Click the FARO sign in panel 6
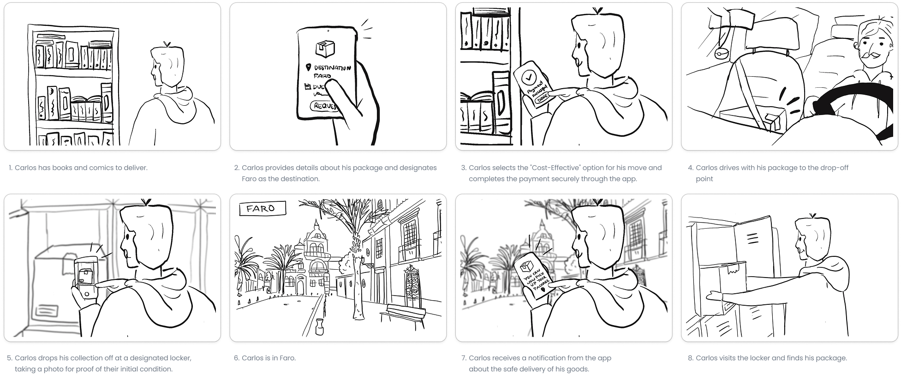[x=262, y=208]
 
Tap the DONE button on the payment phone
[x=542, y=98]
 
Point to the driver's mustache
[x=873, y=56]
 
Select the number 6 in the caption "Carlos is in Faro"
[x=236, y=358]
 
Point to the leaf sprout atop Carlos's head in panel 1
[x=167, y=44]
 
